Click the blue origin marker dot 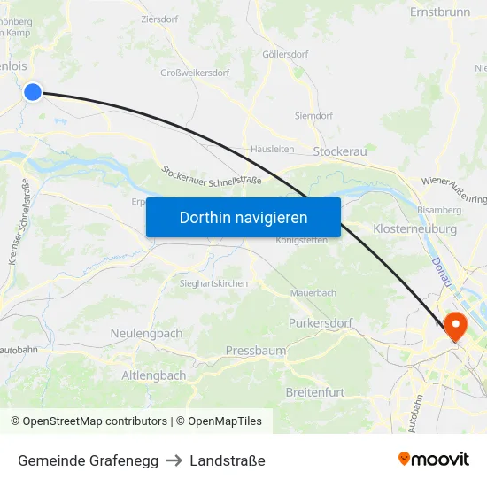tap(33, 91)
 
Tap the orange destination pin tap(456, 327)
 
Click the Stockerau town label tap(340, 151)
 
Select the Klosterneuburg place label tap(415, 228)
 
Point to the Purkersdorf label tap(320, 323)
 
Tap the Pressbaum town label tap(256, 351)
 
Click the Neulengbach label tap(146, 333)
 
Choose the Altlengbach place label tap(154, 375)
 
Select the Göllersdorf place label tap(285, 54)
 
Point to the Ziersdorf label tap(160, 18)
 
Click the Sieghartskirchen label tap(213, 283)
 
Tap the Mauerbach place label tap(313, 292)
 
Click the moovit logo tap(434, 459)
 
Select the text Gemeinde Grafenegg tap(89, 460)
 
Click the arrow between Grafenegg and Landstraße tap(174, 460)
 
